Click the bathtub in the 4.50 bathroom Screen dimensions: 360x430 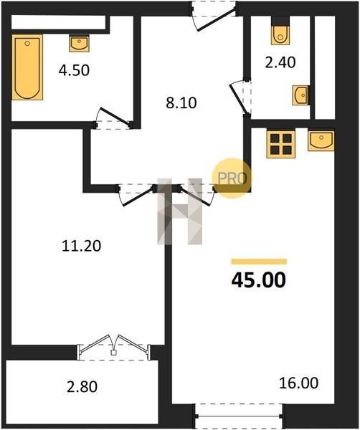click(27, 67)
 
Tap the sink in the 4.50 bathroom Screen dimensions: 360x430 click(79, 43)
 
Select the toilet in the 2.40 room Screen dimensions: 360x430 click(280, 35)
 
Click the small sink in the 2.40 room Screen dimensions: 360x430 click(300, 95)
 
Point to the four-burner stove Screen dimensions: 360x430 click(281, 144)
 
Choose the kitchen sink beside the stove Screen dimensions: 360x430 click(321, 140)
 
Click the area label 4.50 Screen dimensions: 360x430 click(74, 70)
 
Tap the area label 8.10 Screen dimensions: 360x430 click(181, 103)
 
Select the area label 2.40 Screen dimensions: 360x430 click(280, 62)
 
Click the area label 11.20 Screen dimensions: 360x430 click(82, 246)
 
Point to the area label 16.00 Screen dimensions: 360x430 click(299, 383)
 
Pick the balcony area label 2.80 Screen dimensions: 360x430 click(82, 387)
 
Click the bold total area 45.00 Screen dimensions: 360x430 click(259, 280)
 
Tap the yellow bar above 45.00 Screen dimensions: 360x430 click(259, 262)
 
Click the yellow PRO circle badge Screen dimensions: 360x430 click(232, 178)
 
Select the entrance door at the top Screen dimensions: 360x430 click(214, 16)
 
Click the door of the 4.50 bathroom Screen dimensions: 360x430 click(113, 118)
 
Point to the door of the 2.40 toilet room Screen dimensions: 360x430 click(240, 97)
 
